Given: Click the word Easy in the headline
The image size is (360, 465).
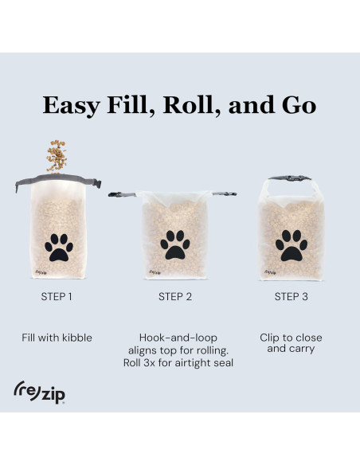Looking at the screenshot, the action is pyautogui.click(x=71, y=105).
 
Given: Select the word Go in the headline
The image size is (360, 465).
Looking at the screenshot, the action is pyautogui.click(x=299, y=105).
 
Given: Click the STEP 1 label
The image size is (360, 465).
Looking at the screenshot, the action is pyautogui.click(x=57, y=296).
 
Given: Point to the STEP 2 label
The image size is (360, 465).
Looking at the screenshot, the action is pyautogui.click(x=175, y=296).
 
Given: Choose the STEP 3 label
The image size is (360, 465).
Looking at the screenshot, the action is pyautogui.click(x=292, y=296).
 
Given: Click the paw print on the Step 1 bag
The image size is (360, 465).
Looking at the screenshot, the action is pyautogui.click(x=59, y=248).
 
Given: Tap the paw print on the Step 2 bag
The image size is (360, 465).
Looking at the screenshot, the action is pyautogui.click(x=175, y=245).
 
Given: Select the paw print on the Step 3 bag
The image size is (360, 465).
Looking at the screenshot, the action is pyautogui.click(x=292, y=245).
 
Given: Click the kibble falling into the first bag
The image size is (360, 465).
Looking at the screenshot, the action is pyautogui.click(x=57, y=156).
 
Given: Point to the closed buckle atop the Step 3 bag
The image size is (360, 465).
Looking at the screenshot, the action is pyautogui.click(x=290, y=178).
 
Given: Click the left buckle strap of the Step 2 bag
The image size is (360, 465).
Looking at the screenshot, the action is pyautogui.click(x=122, y=194).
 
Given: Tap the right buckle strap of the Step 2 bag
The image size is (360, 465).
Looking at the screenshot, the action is pyautogui.click(x=225, y=194).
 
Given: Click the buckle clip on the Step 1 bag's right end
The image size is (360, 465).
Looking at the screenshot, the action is pyautogui.click(x=96, y=184).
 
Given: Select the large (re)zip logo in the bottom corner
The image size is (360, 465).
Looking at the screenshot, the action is pyautogui.click(x=40, y=393).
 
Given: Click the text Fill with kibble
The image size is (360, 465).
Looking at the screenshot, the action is pyautogui.click(x=57, y=338).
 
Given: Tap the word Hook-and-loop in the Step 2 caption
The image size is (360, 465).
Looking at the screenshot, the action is pyautogui.click(x=178, y=338).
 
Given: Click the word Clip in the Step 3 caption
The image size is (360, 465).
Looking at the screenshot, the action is pyautogui.click(x=269, y=338).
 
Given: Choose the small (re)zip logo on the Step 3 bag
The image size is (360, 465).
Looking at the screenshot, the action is pyautogui.click(x=270, y=272).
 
